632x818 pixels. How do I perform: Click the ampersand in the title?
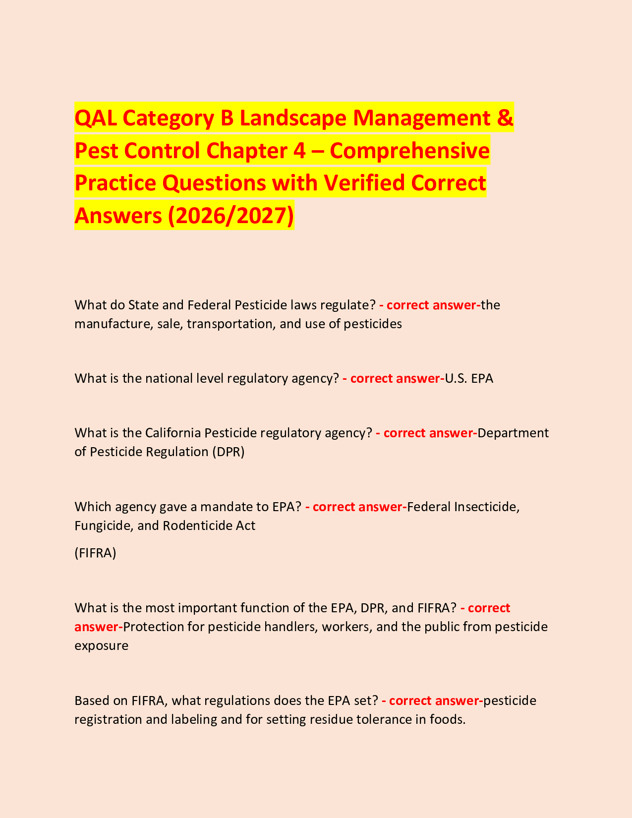pos(505,118)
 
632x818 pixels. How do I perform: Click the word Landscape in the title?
pos(288,118)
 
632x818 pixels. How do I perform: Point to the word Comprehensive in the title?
pos(409,151)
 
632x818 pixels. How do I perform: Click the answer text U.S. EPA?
pos(469,379)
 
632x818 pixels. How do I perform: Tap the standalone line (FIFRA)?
pos(95,553)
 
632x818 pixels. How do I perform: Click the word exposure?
pos(101,646)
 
